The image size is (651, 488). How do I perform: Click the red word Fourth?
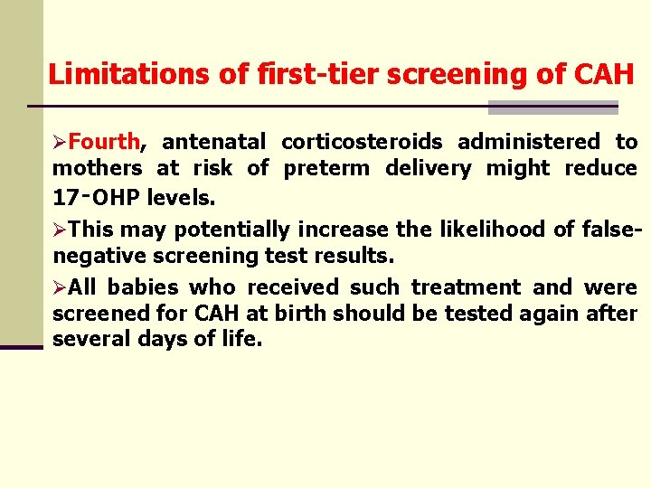click(103, 142)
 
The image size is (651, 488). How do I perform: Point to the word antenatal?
click(213, 142)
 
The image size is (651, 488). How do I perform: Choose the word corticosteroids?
click(362, 142)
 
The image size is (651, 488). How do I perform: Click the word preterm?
click(326, 168)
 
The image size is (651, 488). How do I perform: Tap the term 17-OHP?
click(88, 195)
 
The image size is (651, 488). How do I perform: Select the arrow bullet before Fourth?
click(60, 143)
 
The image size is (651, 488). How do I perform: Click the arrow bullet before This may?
click(60, 230)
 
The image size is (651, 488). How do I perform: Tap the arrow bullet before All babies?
click(60, 288)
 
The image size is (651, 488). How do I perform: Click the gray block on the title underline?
click(552, 108)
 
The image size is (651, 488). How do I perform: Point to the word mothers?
click(97, 168)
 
